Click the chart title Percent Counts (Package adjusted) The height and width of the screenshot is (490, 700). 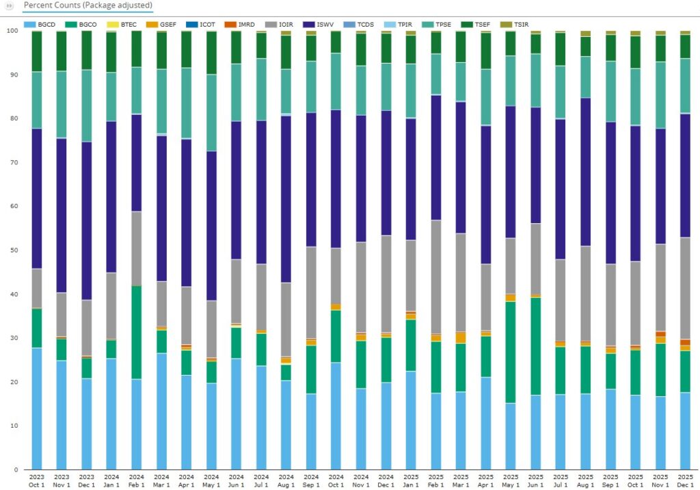pyautogui.click(x=87, y=5)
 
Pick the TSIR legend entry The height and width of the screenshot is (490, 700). pyautogui.click(x=516, y=25)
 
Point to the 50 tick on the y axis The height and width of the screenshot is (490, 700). pyautogui.click(x=14, y=250)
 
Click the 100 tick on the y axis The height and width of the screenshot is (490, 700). pyautogui.click(x=12, y=31)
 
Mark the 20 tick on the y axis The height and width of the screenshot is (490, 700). pyautogui.click(x=14, y=382)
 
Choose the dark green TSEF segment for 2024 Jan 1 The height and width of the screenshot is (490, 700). pyautogui.click(x=111, y=51)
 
